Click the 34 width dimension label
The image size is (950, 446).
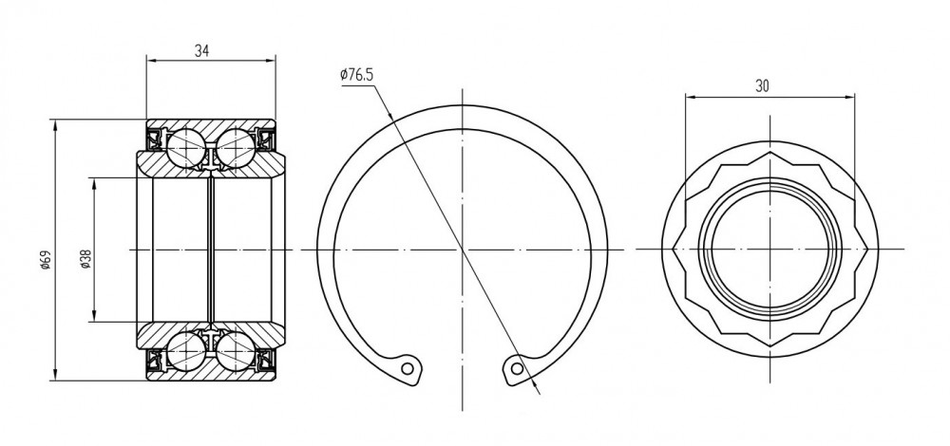201,51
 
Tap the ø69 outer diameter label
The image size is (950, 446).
46,260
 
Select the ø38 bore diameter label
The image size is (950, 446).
85,259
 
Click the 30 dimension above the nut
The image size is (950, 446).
762,86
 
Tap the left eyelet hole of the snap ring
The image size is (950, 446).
408,368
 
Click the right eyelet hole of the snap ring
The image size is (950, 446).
517,368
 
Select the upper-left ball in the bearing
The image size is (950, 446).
186,148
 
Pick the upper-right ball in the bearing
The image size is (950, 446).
236,148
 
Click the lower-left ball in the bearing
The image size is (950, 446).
186,351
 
